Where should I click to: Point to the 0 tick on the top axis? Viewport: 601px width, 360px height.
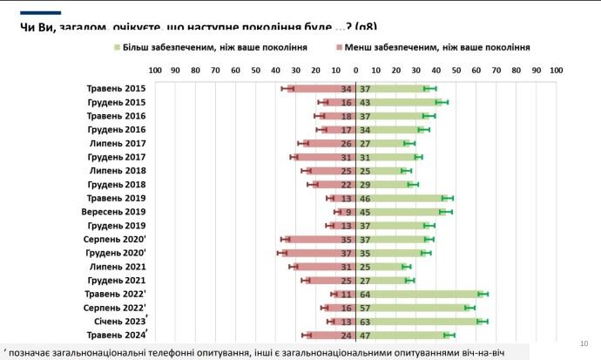355,71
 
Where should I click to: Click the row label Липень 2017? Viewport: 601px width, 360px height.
117,143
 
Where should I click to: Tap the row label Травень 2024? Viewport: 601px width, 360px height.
116,335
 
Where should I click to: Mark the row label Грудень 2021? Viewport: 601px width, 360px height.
116,280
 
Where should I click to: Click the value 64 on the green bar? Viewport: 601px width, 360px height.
366,294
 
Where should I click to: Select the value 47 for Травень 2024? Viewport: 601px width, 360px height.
366,335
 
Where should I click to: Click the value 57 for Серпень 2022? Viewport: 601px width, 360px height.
366,308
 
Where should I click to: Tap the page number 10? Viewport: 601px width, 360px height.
581,343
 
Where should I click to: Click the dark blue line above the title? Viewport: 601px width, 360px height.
41,13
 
